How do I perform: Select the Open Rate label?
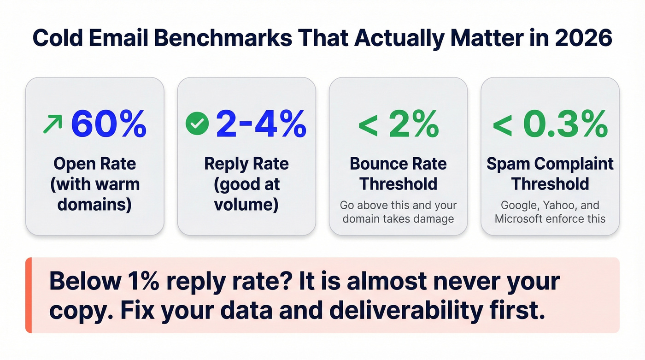tap(95, 164)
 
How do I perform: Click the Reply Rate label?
tap(246, 164)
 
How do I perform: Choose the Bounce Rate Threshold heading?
tap(398, 174)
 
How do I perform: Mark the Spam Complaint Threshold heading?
tap(550, 174)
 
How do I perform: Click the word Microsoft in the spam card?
tap(519, 218)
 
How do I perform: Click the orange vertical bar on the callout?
tap(28, 295)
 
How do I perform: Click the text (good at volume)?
tap(246, 194)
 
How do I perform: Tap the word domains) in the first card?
tap(95, 204)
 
